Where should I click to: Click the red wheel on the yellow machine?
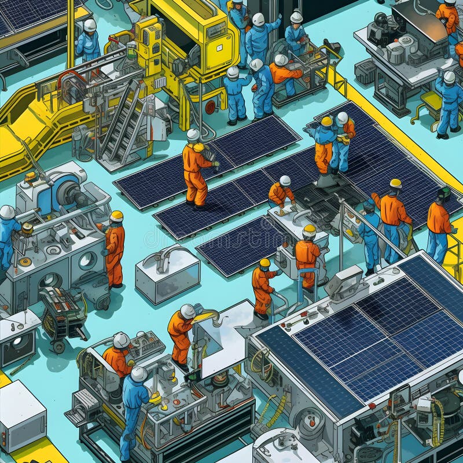point(210,107)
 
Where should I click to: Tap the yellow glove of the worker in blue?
point(155,398)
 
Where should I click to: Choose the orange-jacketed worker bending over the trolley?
point(283,74)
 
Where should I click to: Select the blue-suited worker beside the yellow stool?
point(449,104)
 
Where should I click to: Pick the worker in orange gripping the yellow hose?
point(182,333)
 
